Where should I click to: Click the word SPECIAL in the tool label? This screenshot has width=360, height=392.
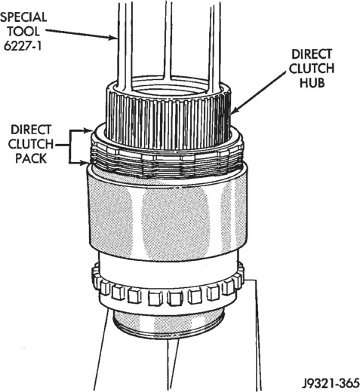tap(23, 17)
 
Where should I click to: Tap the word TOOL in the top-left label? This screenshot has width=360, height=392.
tap(23, 32)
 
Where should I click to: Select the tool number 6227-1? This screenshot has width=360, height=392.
tap(23, 46)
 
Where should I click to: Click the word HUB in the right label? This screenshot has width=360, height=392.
tap(312, 83)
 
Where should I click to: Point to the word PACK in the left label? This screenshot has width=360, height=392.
tap(31, 158)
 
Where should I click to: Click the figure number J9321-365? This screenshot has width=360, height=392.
tap(331, 384)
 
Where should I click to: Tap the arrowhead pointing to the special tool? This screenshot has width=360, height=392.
tap(114, 38)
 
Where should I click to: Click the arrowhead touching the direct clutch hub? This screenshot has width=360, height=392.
tap(233, 110)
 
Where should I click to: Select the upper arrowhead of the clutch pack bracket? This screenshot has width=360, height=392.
tap(89, 130)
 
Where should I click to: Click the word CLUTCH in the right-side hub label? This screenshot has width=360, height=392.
tap(312, 69)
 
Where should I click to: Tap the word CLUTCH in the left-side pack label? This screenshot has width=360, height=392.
tap(31, 144)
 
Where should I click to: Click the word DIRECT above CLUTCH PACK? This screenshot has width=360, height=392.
tap(31, 130)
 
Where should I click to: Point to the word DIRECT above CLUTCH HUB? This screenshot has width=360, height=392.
tap(312, 54)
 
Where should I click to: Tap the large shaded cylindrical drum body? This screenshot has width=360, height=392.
tap(167, 216)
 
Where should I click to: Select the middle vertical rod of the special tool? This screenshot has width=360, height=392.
tap(169, 39)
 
